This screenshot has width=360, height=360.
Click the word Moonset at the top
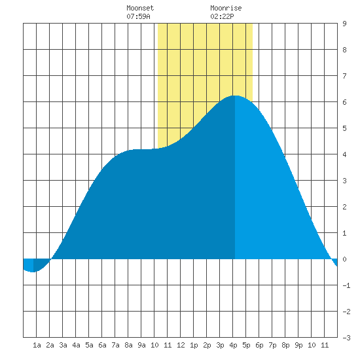(x=140, y=8)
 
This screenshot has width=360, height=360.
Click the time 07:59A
(x=138, y=16)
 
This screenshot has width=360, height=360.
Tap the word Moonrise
(x=226, y=8)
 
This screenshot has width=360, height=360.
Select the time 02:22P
(x=222, y=16)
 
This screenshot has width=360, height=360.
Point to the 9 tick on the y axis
(x=344, y=24)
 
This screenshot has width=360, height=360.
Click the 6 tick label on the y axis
(x=344, y=102)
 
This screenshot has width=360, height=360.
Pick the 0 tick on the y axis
(x=344, y=259)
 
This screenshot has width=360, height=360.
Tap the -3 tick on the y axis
(x=346, y=338)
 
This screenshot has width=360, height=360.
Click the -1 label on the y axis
(x=346, y=285)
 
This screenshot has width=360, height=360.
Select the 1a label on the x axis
(x=37, y=345)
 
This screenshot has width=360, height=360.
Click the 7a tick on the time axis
(x=115, y=345)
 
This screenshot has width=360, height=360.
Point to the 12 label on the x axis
(x=181, y=345)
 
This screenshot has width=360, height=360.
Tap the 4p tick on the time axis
(x=233, y=345)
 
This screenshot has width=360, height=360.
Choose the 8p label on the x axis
(x=285, y=345)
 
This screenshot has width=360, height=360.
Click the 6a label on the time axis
(x=102, y=345)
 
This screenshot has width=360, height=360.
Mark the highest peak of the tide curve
(x=235, y=96)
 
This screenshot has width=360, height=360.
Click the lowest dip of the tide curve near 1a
(x=33, y=272)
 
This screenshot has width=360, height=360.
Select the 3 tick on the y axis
(x=344, y=181)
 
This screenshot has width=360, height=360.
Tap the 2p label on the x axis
(x=207, y=345)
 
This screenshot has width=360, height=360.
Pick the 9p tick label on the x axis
(x=298, y=345)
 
